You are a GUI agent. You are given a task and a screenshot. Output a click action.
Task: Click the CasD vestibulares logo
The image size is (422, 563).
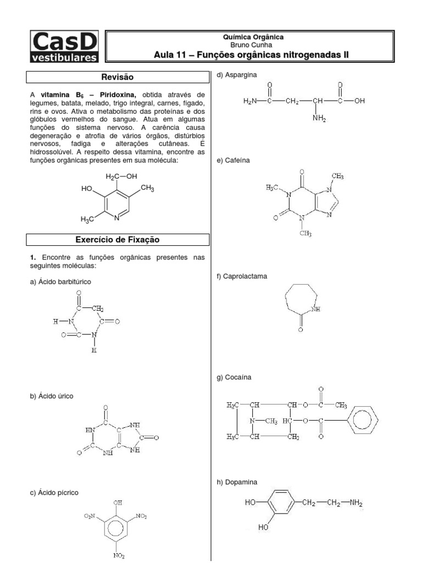click(x=65, y=46)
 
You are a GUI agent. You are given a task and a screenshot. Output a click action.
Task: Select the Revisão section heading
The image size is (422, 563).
click(x=118, y=77)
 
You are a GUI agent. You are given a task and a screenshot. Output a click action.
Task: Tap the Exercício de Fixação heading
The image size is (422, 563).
click(x=118, y=239)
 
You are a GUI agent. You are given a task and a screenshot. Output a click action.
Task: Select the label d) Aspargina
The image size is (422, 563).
click(x=237, y=74)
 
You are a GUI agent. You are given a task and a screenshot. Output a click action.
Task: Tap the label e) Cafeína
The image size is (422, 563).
click(x=234, y=160)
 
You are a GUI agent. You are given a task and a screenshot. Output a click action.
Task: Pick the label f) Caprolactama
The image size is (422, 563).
click(x=242, y=276)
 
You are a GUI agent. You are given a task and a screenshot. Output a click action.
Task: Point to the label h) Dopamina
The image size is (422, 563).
click(x=237, y=482)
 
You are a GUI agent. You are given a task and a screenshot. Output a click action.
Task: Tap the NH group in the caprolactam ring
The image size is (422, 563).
click(x=315, y=310)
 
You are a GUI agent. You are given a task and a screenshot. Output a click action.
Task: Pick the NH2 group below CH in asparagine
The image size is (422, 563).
click(x=319, y=117)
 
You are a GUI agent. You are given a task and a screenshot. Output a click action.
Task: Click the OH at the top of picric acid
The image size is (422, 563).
click(x=118, y=503)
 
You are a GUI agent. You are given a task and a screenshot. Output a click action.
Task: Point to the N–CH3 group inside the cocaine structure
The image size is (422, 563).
click(x=263, y=421)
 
